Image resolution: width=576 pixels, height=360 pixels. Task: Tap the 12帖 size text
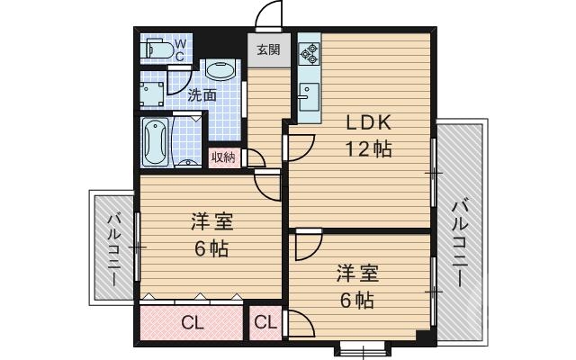(x=369, y=149)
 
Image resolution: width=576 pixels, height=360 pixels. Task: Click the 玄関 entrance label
(x=268, y=50)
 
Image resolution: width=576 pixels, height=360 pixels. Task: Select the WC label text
(x=179, y=49)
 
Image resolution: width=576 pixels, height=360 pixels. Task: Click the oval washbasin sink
(x=220, y=71)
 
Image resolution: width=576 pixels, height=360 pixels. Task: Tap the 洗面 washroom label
(x=202, y=94)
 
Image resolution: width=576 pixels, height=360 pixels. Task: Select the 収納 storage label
(x=223, y=157)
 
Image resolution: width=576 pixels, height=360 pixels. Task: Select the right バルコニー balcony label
(x=460, y=241)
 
